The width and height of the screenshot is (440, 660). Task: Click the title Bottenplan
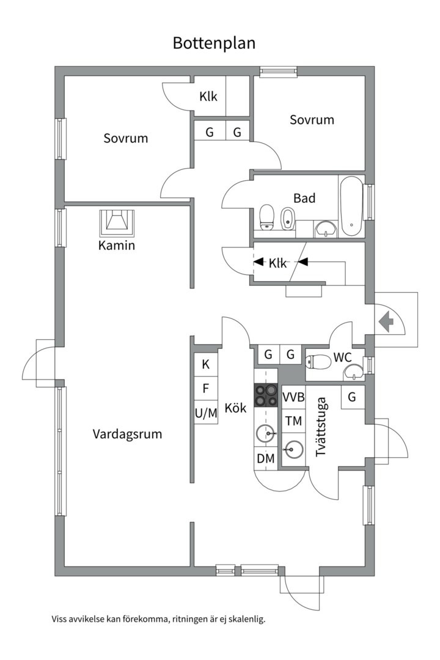click(x=214, y=43)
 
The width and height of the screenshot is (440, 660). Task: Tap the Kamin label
click(x=116, y=246)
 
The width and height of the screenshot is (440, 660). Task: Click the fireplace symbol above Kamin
click(x=116, y=222)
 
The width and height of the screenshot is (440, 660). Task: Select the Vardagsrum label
click(x=127, y=435)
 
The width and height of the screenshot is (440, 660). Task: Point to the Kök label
click(x=235, y=408)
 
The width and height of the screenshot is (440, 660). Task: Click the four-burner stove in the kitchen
click(x=266, y=395)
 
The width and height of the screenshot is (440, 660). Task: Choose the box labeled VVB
click(x=293, y=397)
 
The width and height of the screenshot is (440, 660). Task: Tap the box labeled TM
click(x=293, y=420)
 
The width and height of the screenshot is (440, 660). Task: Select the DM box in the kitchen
click(x=265, y=458)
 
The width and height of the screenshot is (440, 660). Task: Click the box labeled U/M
click(x=206, y=413)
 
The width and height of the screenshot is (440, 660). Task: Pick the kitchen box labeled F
click(x=206, y=388)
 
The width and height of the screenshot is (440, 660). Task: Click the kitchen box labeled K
click(x=206, y=365)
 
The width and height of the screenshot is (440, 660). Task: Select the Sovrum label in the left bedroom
click(x=125, y=138)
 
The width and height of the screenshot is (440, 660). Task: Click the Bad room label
click(x=304, y=198)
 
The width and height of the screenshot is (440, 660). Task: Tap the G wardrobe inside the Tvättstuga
click(x=352, y=397)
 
